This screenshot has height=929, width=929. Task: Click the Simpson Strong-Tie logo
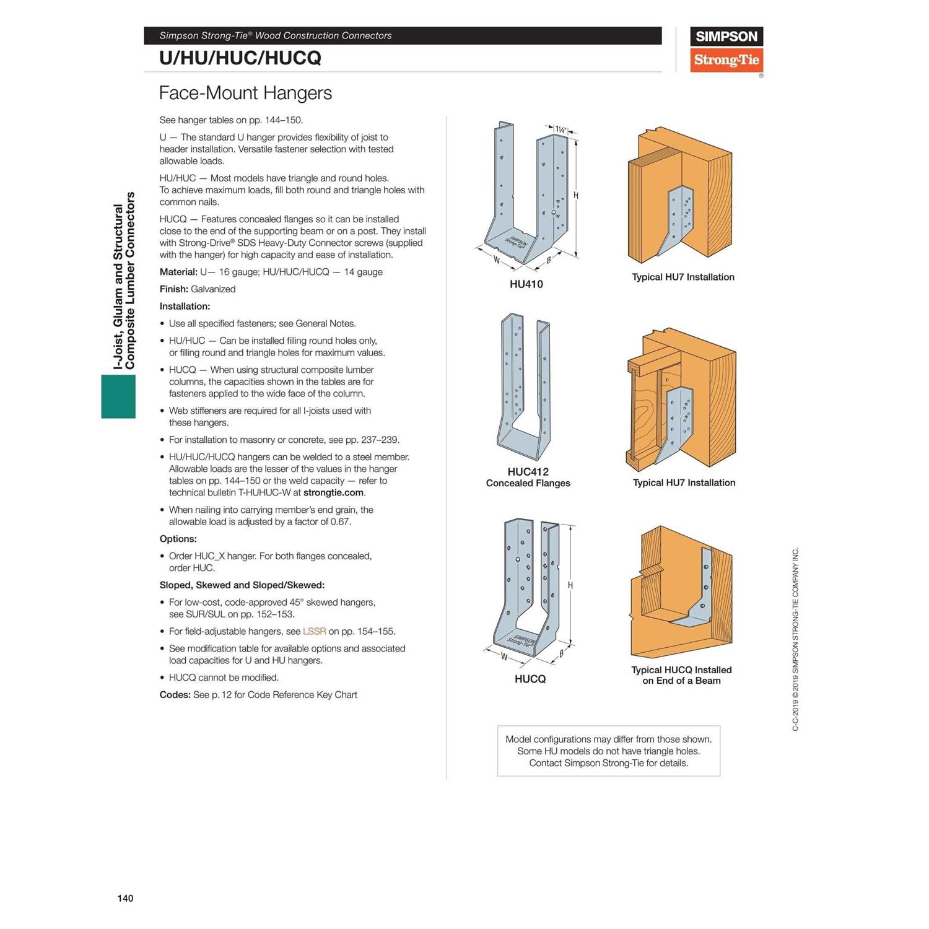pos(726,50)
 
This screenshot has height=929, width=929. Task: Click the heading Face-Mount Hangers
pos(245,93)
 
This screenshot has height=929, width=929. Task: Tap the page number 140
pos(125,898)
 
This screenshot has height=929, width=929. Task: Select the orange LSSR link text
pos(314,632)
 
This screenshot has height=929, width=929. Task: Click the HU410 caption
pos(526,284)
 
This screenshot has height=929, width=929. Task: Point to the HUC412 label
pos(528,472)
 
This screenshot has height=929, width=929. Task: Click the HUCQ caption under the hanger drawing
pos(530,679)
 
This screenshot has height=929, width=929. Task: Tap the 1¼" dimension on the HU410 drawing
pos(560,129)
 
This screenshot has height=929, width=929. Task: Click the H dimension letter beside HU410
pos(576,196)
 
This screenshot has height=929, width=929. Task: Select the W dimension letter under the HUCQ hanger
pos(504,656)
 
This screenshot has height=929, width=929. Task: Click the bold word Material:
pos(178,272)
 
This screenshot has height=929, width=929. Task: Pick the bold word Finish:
pos(173,289)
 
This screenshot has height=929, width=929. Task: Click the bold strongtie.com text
pos(333,493)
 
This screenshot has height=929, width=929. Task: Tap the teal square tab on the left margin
pos(118,396)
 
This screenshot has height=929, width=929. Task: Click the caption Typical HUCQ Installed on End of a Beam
pos(681,675)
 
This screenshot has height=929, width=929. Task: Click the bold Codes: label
pos(175,695)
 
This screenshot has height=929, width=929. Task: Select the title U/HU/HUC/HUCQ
pos(240,58)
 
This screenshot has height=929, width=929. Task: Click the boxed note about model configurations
pos(608,751)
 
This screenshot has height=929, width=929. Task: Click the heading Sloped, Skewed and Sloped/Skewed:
pos(242,585)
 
